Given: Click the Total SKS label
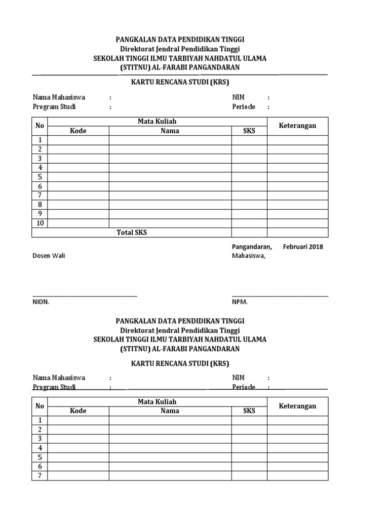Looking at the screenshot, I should pyautogui.click(x=132, y=233).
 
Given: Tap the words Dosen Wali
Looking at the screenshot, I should pyautogui.click(x=49, y=256).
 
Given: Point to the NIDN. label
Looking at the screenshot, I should pyautogui.click(x=42, y=302).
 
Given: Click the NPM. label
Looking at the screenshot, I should pyautogui.click(x=240, y=302).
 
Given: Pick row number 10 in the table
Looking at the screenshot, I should pyautogui.click(x=40, y=223).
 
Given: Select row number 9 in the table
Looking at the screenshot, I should pyautogui.click(x=40, y=214).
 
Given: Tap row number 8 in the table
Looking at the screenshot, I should pyautogui.click(x=40, y=205).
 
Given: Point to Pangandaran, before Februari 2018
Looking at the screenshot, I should pyautogui.click(x=252, y=247).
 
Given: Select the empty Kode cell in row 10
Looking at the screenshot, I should pyautogui.click(x=79, y=223).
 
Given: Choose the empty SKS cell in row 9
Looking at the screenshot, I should pyautogui.click(x=249, y=214).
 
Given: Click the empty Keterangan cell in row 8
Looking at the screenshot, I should pyautogui.click(x=298, y=205).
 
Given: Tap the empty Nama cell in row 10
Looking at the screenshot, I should pyautogui.click(x=170, y=223).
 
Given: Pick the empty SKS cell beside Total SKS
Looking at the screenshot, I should pyautogui.click(x=249, y=233).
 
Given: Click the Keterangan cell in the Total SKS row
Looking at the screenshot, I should pyautogui.click(x=298, y=233).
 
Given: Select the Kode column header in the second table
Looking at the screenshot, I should pyautogui.click(x=78, y=411).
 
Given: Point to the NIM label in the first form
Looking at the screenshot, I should pyautogui.click(x=238, y=97).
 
